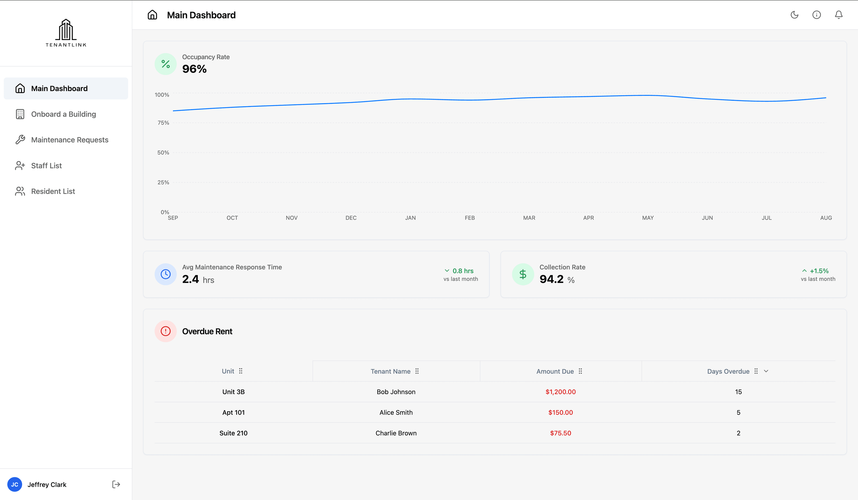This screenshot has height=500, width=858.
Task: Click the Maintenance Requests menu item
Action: (69, 140)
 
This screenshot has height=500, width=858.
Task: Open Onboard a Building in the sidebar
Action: (63, 114)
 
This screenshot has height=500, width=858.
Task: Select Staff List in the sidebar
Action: (46, 165)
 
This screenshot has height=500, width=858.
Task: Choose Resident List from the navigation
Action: (53, 191)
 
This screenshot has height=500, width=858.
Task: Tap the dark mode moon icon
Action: (794, 15)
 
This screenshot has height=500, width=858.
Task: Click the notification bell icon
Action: (839, 15)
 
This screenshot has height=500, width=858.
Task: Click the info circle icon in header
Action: (816, 15)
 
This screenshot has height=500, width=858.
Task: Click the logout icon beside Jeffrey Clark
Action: (116, 484)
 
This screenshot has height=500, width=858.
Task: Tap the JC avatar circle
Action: (15, 484)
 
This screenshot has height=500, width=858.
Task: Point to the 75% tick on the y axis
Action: (163, 123)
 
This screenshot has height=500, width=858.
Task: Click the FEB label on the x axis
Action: (469, 218)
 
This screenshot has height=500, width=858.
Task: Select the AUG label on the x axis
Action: (826, 218)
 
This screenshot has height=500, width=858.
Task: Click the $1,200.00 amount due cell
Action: (560, 392)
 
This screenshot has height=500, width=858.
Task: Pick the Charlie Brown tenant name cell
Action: (396, 433)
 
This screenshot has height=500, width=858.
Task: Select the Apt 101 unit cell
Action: (233, 412)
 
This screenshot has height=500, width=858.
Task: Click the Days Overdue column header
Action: (728, 371)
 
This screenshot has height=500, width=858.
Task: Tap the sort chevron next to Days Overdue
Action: (766, 371)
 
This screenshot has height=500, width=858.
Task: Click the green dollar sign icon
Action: (523, 274)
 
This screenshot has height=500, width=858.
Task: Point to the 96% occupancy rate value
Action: (194, 69)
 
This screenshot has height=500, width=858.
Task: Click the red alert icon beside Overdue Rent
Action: (166, 331)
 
